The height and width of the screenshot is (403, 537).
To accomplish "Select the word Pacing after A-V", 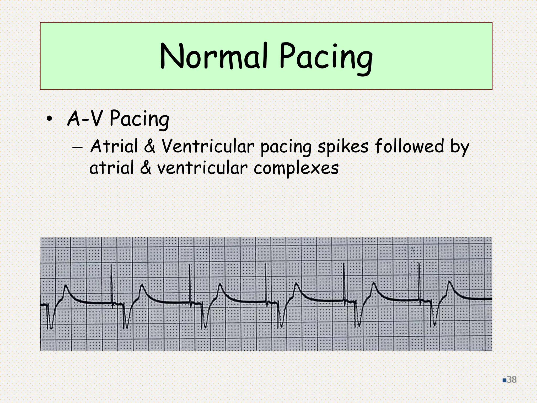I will coord(139,119).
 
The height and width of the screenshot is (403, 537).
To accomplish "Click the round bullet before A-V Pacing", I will coord(49,119).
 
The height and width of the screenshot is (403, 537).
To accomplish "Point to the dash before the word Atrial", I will coord(77,148).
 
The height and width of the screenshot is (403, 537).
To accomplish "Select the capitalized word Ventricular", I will coord(208,146).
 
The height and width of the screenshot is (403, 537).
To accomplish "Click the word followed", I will coord(409,146).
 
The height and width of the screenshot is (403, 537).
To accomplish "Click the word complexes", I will coord(296,168).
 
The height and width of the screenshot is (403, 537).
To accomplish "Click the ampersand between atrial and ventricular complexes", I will coord(146,168).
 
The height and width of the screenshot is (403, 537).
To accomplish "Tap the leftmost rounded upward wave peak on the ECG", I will coord(66,286).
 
